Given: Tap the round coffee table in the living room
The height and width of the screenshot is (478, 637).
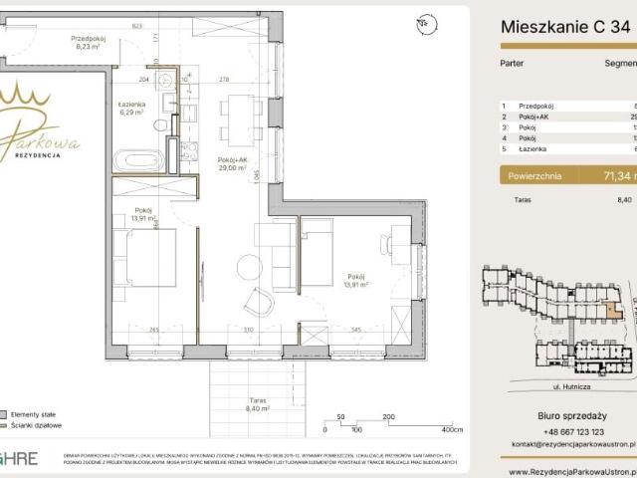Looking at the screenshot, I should coord(249,266).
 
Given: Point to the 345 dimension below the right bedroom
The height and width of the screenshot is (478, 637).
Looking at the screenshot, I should coord(355,330).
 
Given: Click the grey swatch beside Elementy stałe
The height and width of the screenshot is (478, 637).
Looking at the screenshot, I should coord(6,412).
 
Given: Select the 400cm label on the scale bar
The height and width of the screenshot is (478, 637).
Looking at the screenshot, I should coord(453,431).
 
